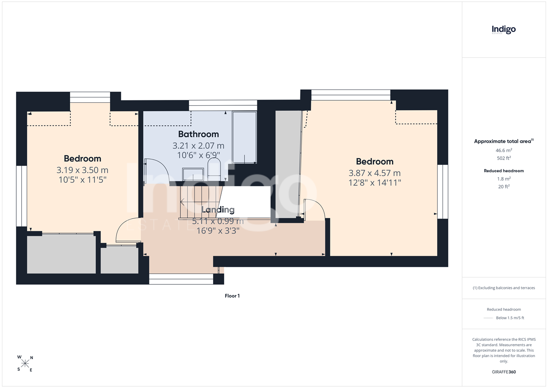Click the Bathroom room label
click(198, 134)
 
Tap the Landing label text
click(218, 210)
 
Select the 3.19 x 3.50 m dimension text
click(82, 170)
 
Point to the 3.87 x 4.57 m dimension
click(375, 173)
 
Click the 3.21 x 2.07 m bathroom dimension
click(198, 146)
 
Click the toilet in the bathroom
click(214, 169)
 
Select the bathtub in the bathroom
click(244, 137)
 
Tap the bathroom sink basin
click(193, 174)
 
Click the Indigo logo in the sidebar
click(504, 30)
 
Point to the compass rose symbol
click(25, 364)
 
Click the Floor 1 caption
click(232, 296)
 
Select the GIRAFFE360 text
click(504, 372)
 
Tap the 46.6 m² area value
click(504, 150)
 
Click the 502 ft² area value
click(504, 158)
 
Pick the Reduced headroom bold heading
click(504, 171)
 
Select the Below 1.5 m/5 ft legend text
click(510, 318)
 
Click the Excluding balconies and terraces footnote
click(504, 288)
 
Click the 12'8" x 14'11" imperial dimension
click(375, 182)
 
